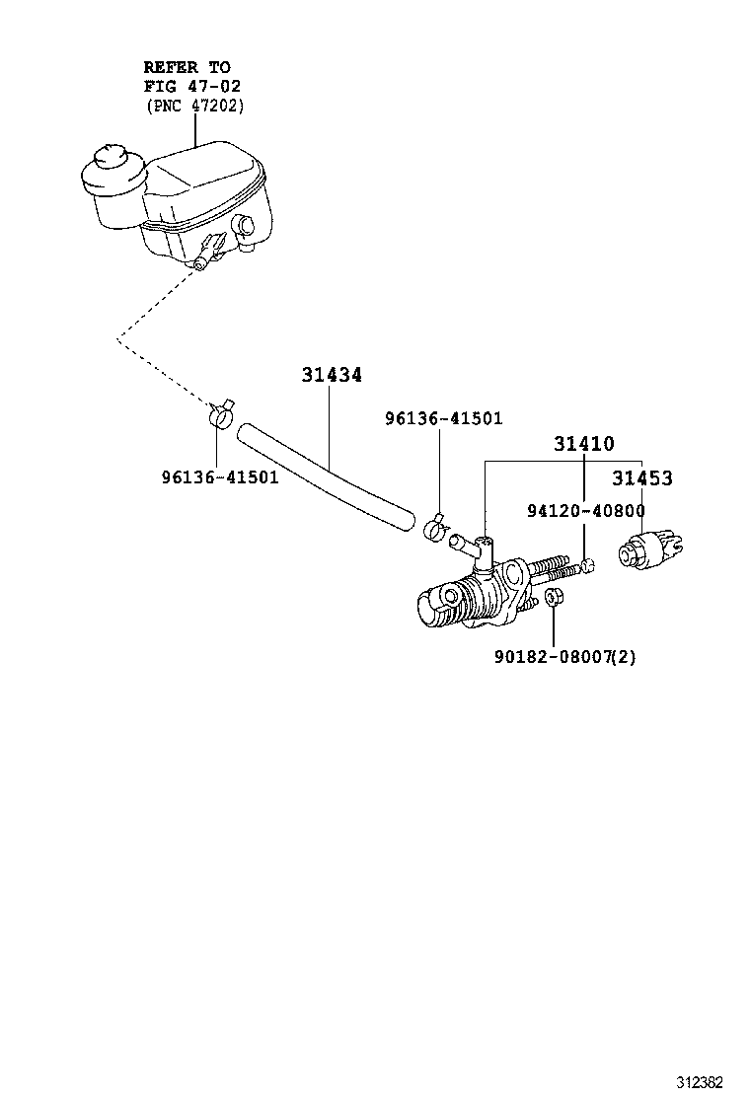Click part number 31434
click(332, 376)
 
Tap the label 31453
click(641, 478)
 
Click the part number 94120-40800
click(585, 511)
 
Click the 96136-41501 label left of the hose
click(220, 477)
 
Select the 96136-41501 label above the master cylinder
click(443, 418)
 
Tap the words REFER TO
click(187, 67)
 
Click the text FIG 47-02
click(192, 86)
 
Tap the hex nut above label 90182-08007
click(555, 598)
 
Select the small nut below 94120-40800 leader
click(586, 565)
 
